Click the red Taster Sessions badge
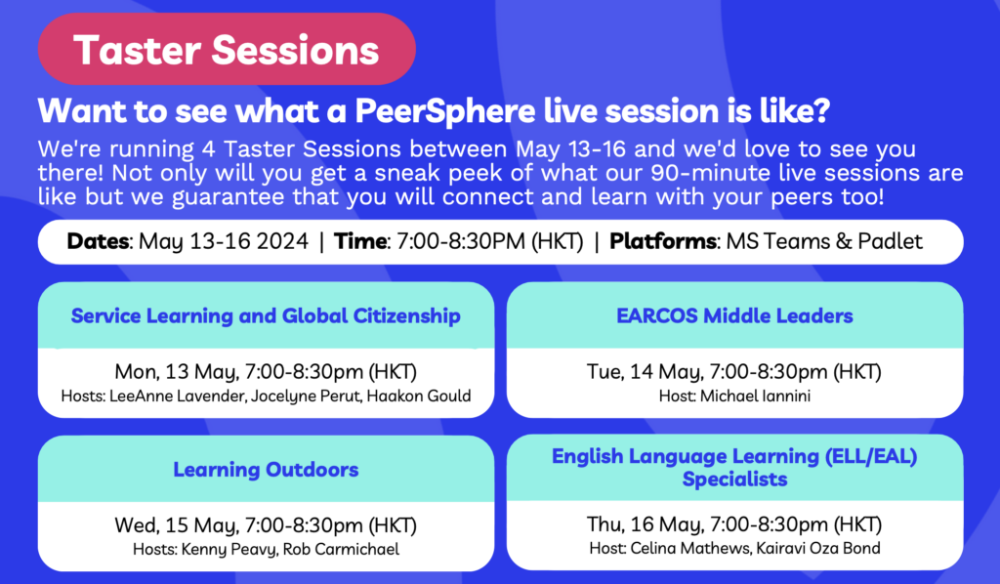click(x=227, y=49)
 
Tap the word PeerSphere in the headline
click(x=444, y=111)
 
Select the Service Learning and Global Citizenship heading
click(x=266, y=315)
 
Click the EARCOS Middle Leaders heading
click(x=734, y=315)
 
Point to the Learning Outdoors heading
click(x=266, y=469)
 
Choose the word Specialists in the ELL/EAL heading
click(x=734, y=479)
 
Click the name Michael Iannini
click(x=755, y=396)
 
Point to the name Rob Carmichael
click(x=341, y=549)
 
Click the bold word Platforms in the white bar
click(x=663, y=241)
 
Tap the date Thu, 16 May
click(x=645, y=524)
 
